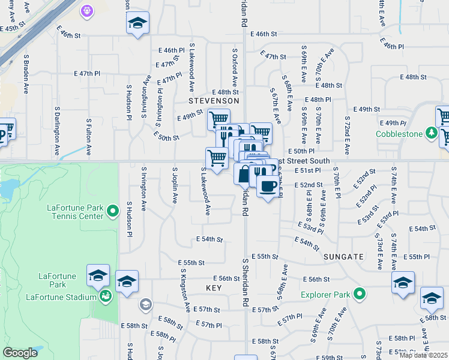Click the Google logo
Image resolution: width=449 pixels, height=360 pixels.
20,353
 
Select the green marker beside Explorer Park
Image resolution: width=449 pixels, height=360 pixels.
359,295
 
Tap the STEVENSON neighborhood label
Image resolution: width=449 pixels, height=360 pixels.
214,101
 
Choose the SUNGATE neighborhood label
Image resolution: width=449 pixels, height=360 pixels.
343,256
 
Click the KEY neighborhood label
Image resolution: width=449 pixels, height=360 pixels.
214,289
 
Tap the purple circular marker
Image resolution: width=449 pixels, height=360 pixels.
87,10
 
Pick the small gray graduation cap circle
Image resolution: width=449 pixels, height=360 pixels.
145,305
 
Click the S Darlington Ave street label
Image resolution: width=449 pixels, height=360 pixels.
56,131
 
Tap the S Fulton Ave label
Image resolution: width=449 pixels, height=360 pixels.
89,137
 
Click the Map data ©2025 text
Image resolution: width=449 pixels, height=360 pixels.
423,355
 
